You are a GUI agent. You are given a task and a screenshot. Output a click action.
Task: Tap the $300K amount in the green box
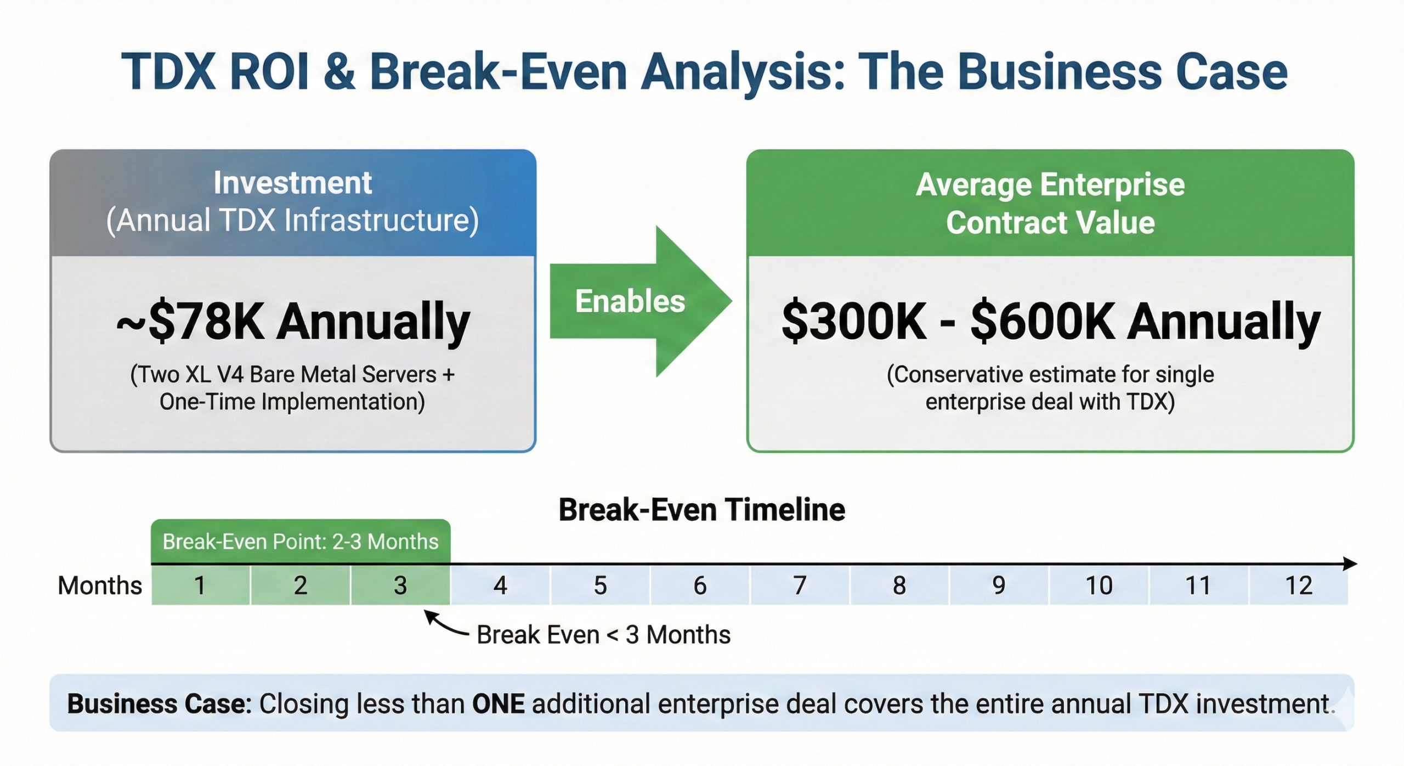pos(853,323)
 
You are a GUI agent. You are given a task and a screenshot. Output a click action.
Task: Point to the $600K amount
pos(1042,323)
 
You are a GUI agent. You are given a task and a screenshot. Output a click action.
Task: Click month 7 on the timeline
pos(800,585)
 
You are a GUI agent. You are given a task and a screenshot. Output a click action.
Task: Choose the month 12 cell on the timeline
pos(1298,585)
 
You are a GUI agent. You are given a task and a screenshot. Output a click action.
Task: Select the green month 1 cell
pos(200,585)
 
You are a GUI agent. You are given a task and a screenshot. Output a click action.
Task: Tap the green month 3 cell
pos(400,585)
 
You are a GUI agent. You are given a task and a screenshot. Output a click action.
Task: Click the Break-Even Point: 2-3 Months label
pos(301,542)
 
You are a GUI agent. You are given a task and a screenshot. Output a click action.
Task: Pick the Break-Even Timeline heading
pos(701,510)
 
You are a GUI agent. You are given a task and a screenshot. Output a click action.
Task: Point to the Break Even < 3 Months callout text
pos(603,635)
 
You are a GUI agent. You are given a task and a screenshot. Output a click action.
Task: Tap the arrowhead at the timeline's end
pos(1350,564)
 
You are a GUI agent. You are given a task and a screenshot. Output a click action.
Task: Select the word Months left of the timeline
pos(100,585)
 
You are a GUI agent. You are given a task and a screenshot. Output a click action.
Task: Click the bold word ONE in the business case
pos(498,704)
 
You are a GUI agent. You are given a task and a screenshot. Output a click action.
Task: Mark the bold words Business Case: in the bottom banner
pos(159,704)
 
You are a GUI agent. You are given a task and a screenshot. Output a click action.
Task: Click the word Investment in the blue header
pos(292,183)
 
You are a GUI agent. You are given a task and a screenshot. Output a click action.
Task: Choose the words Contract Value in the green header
pos(1050,222)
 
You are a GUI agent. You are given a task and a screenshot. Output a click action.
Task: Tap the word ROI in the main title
pos(269,72)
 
